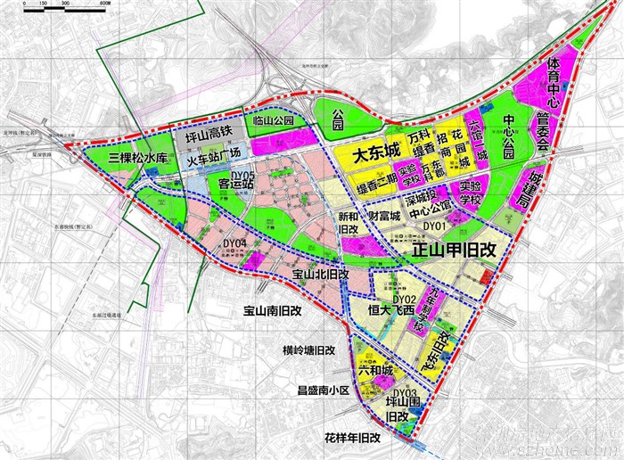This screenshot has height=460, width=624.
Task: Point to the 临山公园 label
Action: [x=273, y=119]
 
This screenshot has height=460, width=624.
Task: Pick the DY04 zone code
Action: [x=235, y=242]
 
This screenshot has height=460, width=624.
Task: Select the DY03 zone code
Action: [x=406, y=392]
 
